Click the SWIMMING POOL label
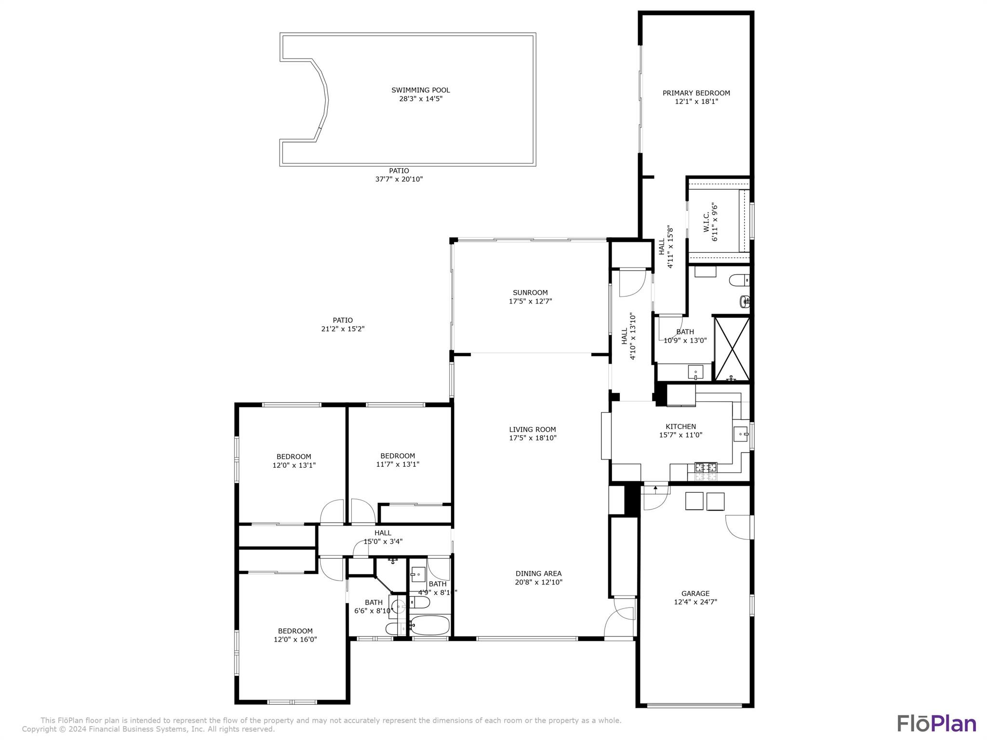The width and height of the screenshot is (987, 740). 420,90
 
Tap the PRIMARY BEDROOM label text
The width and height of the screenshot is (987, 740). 696,93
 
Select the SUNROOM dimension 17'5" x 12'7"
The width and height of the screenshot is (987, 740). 530,302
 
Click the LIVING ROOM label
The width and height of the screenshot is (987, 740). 532,429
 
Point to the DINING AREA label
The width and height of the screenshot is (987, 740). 538,573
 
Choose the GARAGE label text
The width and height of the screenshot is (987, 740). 695,594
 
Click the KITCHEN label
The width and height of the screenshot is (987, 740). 680,426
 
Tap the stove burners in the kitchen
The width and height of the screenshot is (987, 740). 706,467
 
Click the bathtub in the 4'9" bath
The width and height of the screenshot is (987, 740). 429,625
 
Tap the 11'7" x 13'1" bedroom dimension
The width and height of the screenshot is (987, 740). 398,464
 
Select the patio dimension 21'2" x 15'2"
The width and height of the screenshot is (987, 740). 343,329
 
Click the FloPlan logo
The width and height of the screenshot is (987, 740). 936,724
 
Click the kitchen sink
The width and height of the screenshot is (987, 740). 740,434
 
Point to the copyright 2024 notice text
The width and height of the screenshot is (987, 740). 148,729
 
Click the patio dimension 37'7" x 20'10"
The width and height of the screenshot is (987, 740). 399,179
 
